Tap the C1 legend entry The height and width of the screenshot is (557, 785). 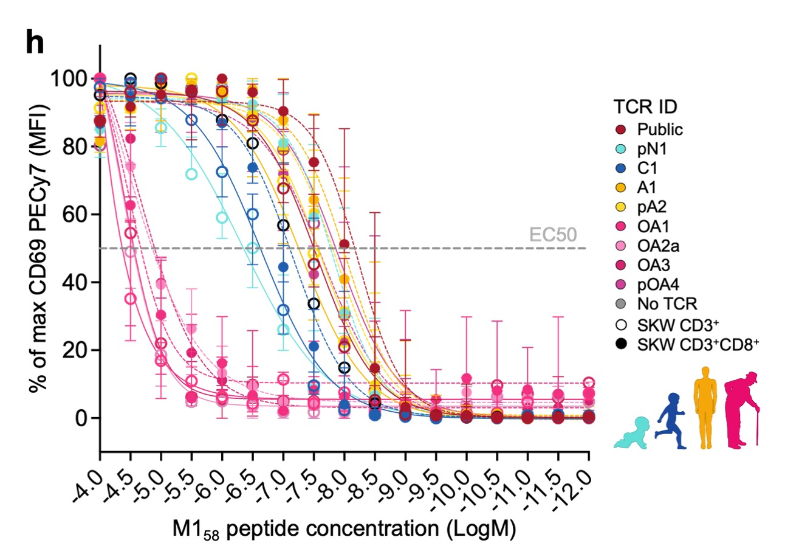click(x=647, y=166)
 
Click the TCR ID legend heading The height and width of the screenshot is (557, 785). click(x=645, y=108)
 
